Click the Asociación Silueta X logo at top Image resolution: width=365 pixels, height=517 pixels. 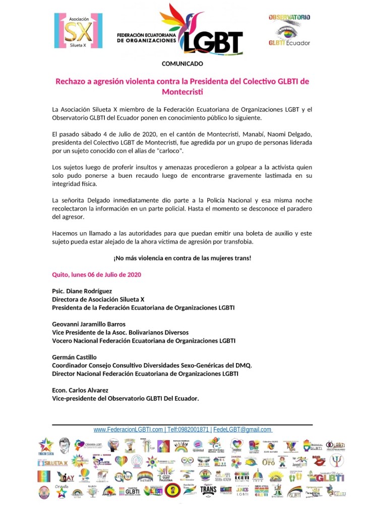pos(78,31)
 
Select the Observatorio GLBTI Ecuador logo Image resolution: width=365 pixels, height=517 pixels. pos(289,31)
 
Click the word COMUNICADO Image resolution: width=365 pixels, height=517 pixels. pos(182,64)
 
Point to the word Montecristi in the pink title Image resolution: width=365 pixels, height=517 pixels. pos(182,92)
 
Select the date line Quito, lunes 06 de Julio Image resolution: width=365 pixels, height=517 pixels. pos(96,275)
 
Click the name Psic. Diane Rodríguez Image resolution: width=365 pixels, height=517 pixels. pos(83,291)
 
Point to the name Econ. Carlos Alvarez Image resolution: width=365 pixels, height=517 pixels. pos(80,390)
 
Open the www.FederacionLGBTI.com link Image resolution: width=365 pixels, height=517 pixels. pos(128,430)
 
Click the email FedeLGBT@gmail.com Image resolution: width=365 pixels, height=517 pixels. pos(242,430)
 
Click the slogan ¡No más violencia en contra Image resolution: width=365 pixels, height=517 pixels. pos(182,258)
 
